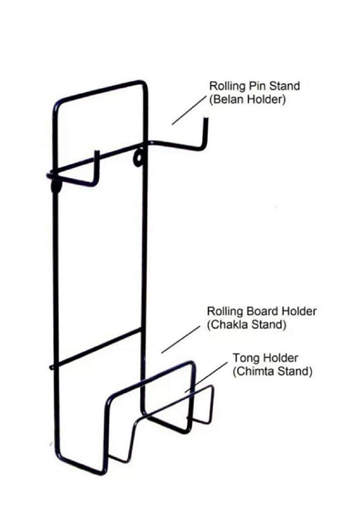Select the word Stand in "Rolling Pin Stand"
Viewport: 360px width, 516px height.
(x=284, y=86)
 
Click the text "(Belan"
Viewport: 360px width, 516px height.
(x=225, y=100)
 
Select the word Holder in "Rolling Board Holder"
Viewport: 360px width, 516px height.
(x=299, y=311)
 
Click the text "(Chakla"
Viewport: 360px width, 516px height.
(x=227, y=325)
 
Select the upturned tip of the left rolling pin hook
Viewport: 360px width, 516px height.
(x=97, y=153)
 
